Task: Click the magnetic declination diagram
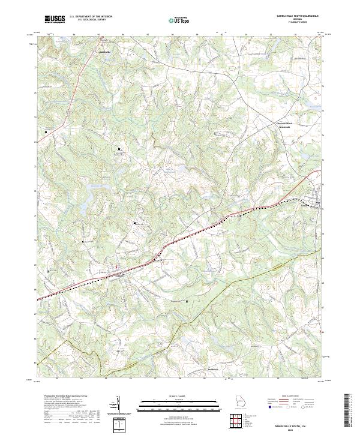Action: click(118, 404)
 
